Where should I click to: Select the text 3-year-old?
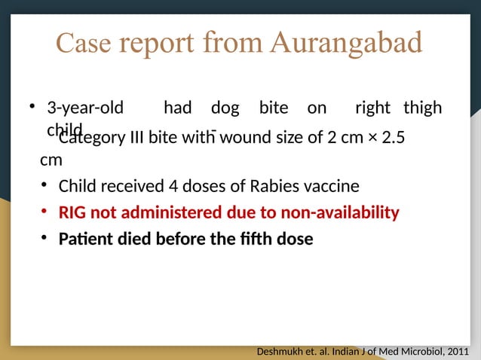coord(85,108)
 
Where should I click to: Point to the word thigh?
coord(422,108)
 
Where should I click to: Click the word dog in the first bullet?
coord(225,108)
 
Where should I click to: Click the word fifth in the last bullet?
coord(241,239)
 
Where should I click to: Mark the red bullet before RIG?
coord(45,212)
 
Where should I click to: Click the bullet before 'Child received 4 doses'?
coord(45,185)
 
